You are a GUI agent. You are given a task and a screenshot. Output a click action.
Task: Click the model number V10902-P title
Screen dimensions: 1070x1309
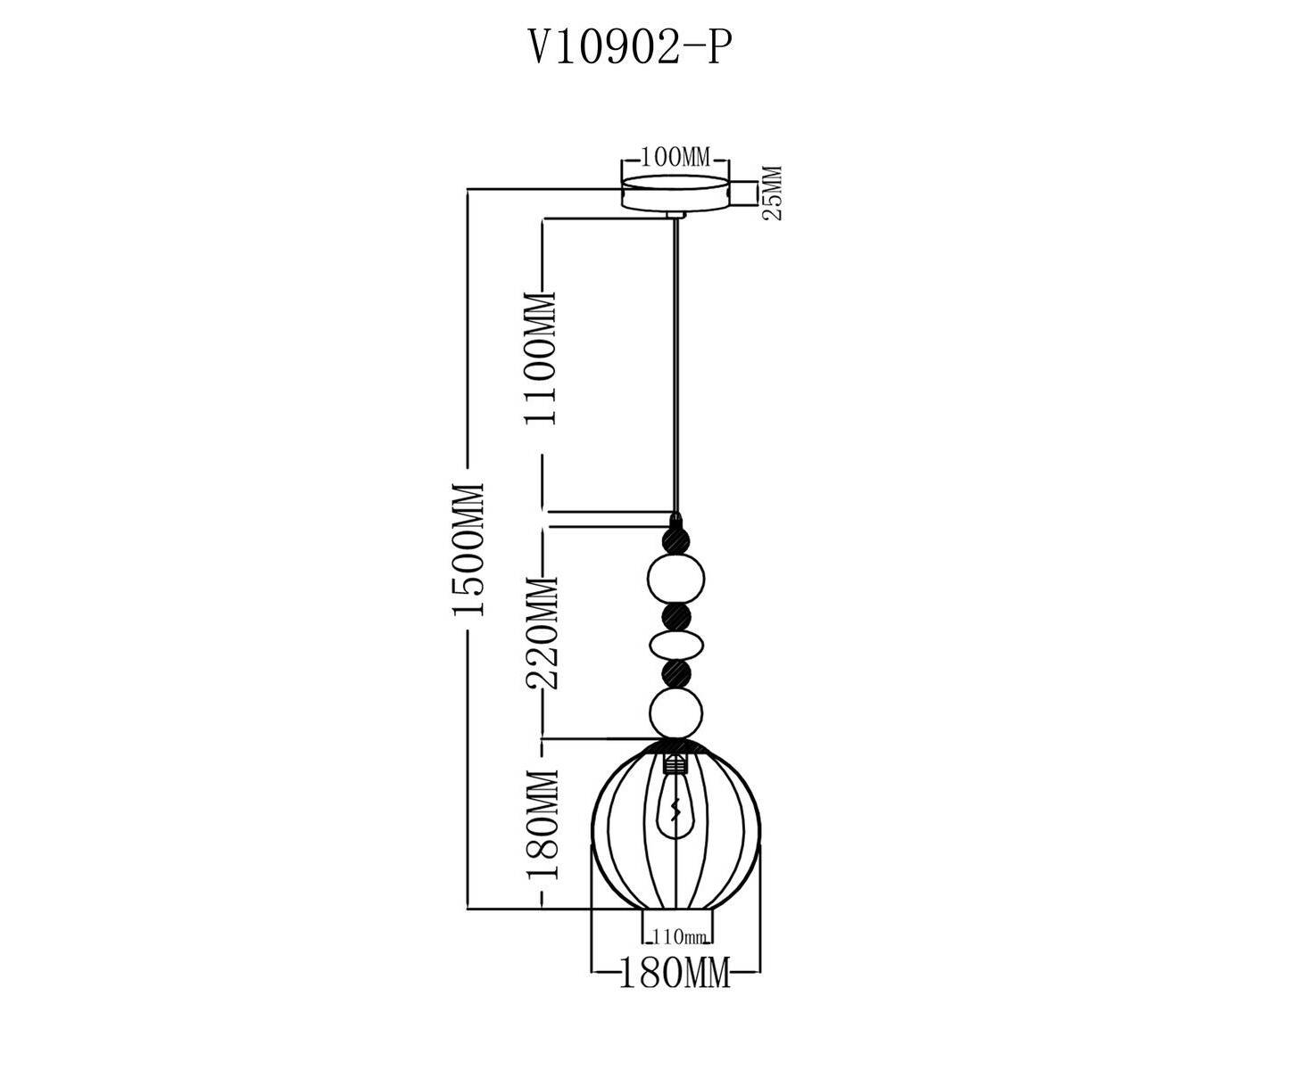coord(631,49)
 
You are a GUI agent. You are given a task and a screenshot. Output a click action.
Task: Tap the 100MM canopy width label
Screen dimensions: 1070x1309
coord(675,159)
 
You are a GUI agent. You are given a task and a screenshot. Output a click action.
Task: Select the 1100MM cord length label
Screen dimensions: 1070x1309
coord(542,358)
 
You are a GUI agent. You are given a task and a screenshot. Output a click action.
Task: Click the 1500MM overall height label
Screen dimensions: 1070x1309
coord(468,548)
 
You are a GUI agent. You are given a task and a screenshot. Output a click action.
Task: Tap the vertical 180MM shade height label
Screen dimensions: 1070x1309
coord(542,825)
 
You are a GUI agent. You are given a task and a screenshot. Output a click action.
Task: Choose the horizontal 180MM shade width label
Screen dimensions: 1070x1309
coord(675,972)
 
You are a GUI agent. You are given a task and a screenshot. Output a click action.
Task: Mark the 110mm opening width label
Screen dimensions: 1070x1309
coord(679,937)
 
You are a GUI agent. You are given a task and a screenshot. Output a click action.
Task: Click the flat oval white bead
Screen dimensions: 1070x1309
coord(675,644)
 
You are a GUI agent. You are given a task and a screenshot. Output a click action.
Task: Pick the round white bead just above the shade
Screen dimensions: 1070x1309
coord(675,712)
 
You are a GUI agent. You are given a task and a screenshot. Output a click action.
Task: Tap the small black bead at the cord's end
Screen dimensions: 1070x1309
coord(675,539)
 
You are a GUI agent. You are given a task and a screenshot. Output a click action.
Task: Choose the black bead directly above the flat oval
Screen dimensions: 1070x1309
coord(675,615)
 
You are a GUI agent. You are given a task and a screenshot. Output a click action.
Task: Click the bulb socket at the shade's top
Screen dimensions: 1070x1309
coord(675,764)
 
